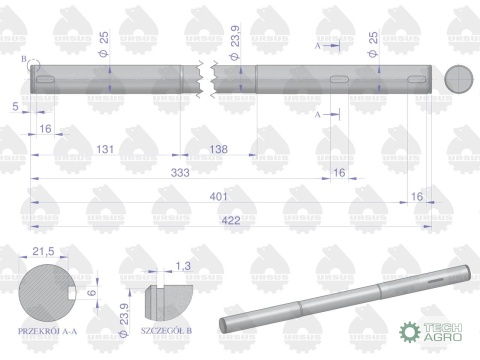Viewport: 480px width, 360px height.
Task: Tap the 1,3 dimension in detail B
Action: (x=181, y=266)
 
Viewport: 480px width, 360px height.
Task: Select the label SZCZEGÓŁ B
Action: (x=167, y=329)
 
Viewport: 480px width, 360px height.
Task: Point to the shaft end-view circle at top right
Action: (x=457, y=81)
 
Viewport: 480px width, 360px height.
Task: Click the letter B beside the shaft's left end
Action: (x=23, y=61)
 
